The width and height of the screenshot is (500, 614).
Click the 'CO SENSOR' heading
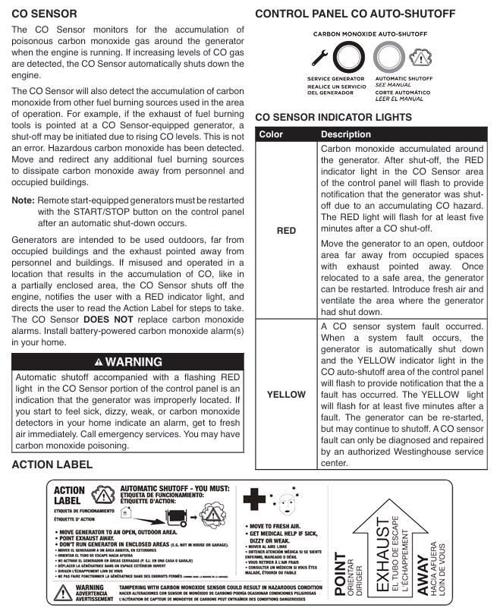(44, 14)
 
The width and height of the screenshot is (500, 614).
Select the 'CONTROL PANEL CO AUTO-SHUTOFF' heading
(355, 14)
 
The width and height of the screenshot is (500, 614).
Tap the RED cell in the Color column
(286, 230)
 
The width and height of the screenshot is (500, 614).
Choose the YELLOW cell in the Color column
(286, 395)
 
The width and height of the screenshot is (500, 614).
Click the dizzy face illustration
(282, 502)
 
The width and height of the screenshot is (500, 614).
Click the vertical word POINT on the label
(341, 578)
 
